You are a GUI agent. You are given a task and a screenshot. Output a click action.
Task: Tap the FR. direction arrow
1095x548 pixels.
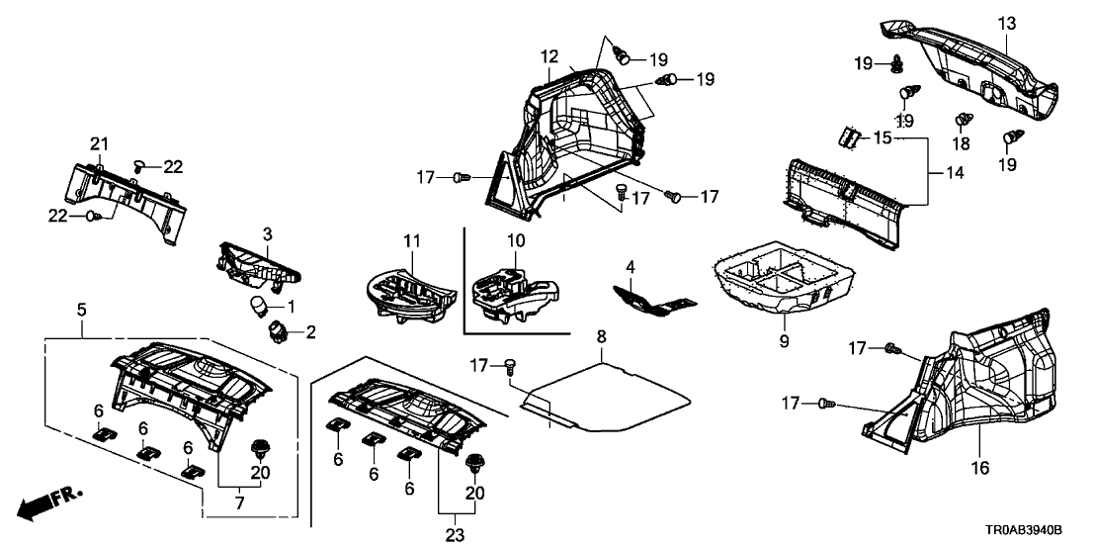(x=50, y=501)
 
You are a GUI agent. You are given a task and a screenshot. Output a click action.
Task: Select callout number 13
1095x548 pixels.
(x=1006, y=23)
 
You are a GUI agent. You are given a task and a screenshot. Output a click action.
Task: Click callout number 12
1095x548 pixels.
(x=549, y=57)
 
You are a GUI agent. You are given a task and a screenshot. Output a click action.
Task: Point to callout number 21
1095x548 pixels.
(x=98, y=145)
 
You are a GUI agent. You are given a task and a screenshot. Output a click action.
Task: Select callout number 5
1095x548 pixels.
(x=81, y=311)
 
